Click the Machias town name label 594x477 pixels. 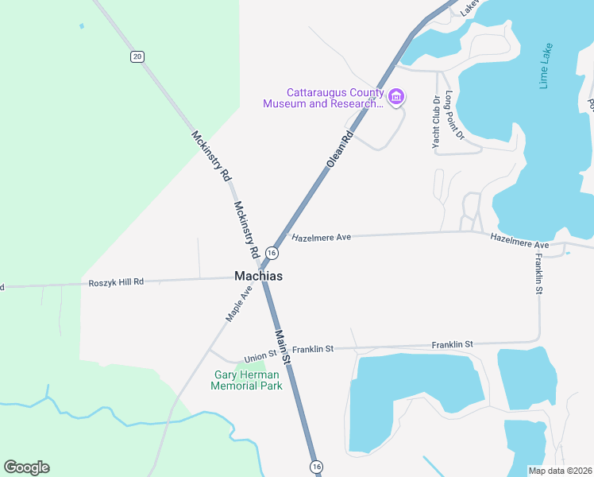coord(259,276)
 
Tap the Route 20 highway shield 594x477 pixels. coord(138,56)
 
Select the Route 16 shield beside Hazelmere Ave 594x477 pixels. coord(272,253)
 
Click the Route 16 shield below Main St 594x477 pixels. coord(317,466)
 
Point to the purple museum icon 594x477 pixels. coord(396,98)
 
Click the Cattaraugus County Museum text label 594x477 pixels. coord(323,98)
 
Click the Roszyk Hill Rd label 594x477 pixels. coord(116,282)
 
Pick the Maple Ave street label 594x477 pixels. coord(238,304)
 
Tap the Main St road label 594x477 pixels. coord(283,347)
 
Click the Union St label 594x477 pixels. coord(260,355)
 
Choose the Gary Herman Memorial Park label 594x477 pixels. coord(246,380)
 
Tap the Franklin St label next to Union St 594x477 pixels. coord(313,349)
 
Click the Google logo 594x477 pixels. coord(26,467)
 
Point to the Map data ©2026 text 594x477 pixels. coord(560,471)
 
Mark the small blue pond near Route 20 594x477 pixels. coord(81,25)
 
